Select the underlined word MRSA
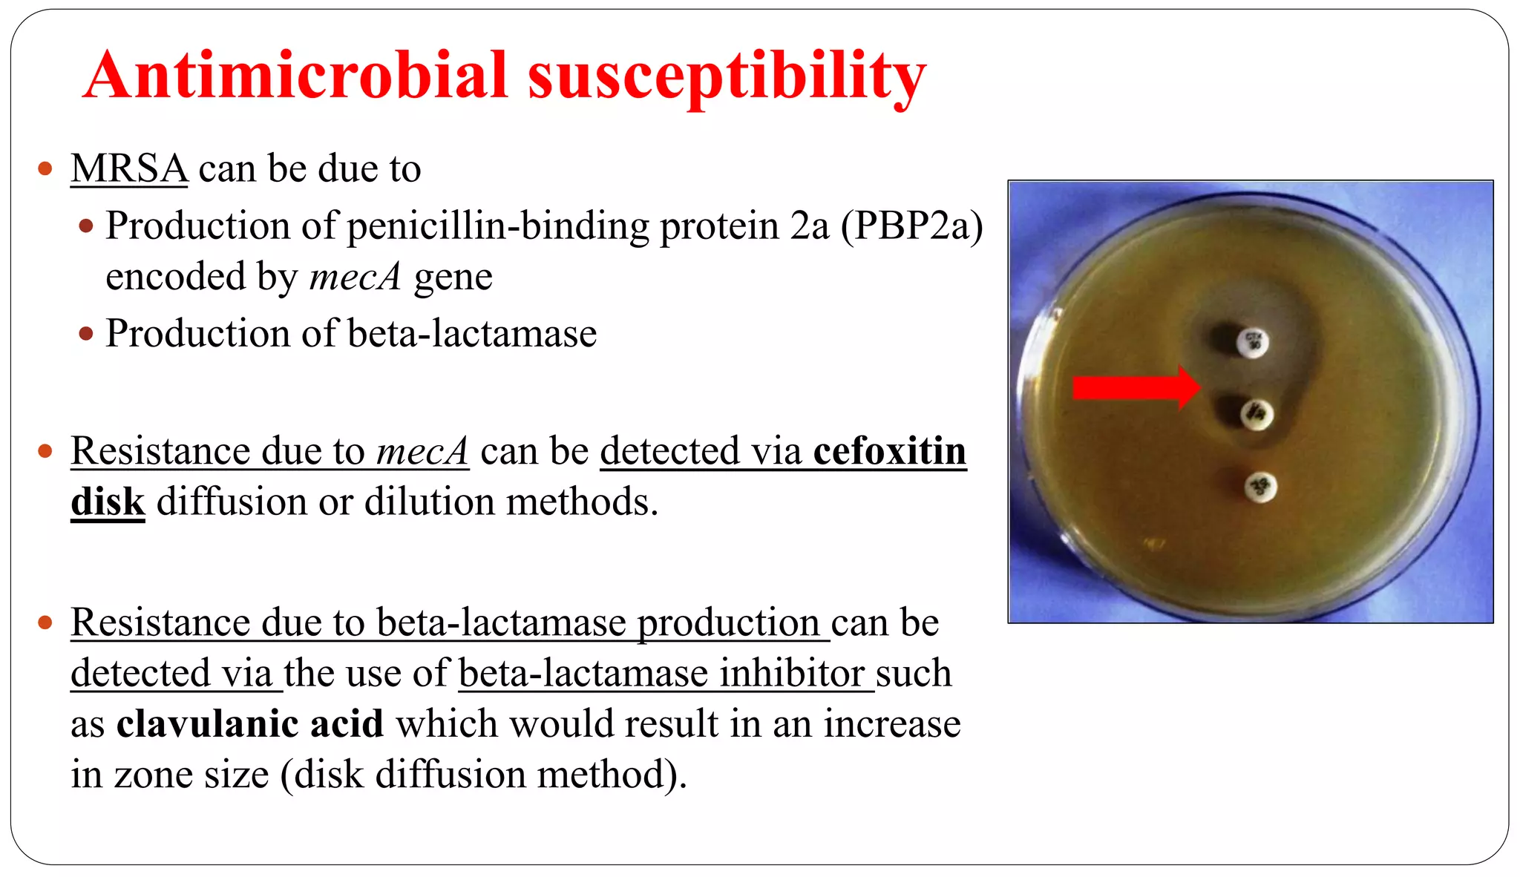(x=129, y=168)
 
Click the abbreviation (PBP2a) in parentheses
(x=911, y=226)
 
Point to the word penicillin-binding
(x=497, y=226)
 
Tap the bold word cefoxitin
(x=889, y=451)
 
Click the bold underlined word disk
(x=108, y=502)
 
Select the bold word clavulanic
(x=207, y=723)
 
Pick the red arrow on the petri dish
(x=1136, y=387)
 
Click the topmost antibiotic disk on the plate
(x=1254, y=342)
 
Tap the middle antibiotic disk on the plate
(x=1257, y=414)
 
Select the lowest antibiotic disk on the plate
(x=1260, y=487)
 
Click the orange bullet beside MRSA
(x=45, y=168)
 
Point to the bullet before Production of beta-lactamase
(x=86, y=334)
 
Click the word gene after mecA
(x=453, y=277)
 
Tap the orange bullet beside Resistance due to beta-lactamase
(x=45, y=622)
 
